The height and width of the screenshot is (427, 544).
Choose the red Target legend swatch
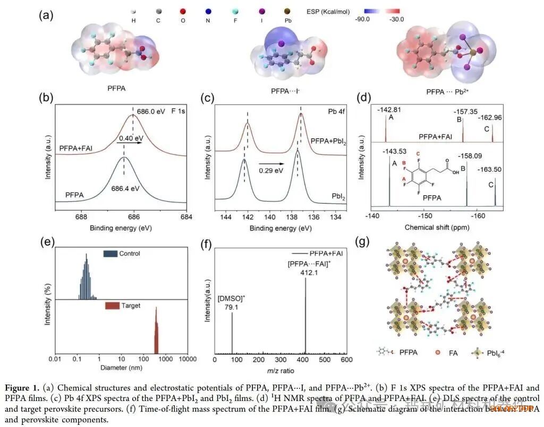click(110, 306)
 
